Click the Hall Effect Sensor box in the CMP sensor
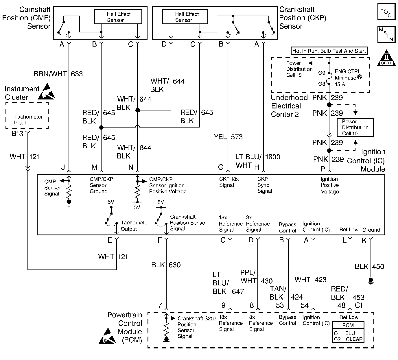(118, 17)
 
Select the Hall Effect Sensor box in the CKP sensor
(185, 17)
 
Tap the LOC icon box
(386, 12)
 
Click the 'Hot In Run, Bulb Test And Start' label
(329, 51)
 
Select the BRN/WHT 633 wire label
(58, 74)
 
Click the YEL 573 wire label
(228, 137)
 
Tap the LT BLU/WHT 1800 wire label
(257, 161)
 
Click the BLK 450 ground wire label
(369, 266)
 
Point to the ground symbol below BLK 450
(371, 280)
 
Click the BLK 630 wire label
(166, 265)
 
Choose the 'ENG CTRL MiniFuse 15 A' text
(348, 78)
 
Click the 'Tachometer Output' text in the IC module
(135, 226)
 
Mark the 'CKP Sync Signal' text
(265, 185)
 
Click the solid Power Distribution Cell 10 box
(355, 128)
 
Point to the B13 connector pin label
(17, 134)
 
